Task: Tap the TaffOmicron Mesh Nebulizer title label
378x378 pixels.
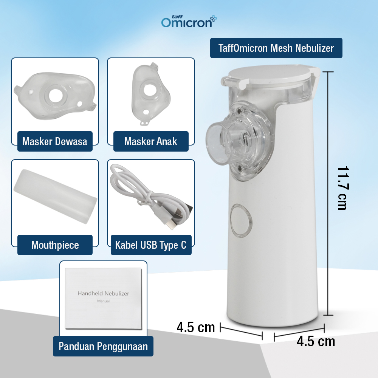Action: (x=276, y=48)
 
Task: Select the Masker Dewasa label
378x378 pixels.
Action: (x=54, y=141)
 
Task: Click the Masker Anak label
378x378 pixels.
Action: (x=150, y=141)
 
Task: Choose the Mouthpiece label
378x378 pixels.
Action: (x=55, y=245)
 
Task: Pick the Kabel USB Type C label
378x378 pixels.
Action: (x=150, y=245)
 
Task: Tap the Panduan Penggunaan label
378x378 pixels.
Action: (x=103, y=346)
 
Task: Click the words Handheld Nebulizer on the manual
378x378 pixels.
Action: (x=103, y=293)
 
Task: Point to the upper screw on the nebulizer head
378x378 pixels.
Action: (x=240, y=110)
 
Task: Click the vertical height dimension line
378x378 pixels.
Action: (x=327, y=193)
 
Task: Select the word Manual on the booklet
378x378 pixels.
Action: (x=103, y=301)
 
